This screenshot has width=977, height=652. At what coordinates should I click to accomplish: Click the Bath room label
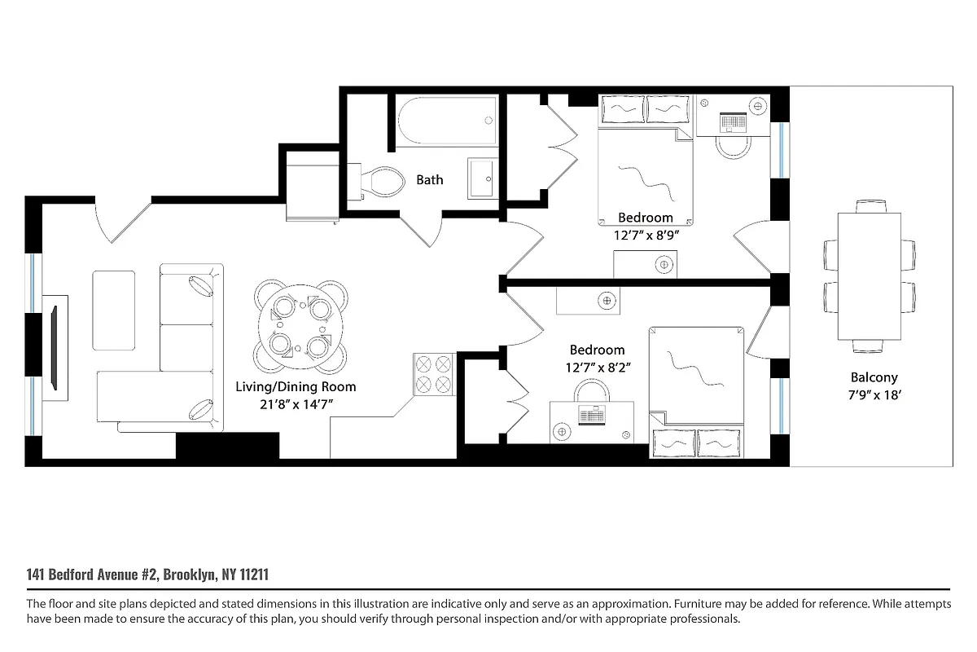[430, 179]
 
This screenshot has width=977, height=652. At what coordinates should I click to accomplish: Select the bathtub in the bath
[447, 121]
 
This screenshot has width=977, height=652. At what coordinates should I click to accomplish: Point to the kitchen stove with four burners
[433, 374]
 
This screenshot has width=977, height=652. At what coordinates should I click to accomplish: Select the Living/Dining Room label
[296, 387]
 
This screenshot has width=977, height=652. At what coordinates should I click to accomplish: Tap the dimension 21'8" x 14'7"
[296, 403]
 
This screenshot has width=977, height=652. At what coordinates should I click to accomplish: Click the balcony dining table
[870, 277]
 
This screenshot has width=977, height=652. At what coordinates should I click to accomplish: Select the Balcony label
[874, 377]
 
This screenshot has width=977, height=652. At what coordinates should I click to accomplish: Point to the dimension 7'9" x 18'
[874, 394]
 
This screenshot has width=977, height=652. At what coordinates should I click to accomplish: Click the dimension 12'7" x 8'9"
[646, 234]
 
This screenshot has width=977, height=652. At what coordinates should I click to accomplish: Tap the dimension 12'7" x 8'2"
[597, 367]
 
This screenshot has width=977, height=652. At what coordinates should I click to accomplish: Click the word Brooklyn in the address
[191, 575]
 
